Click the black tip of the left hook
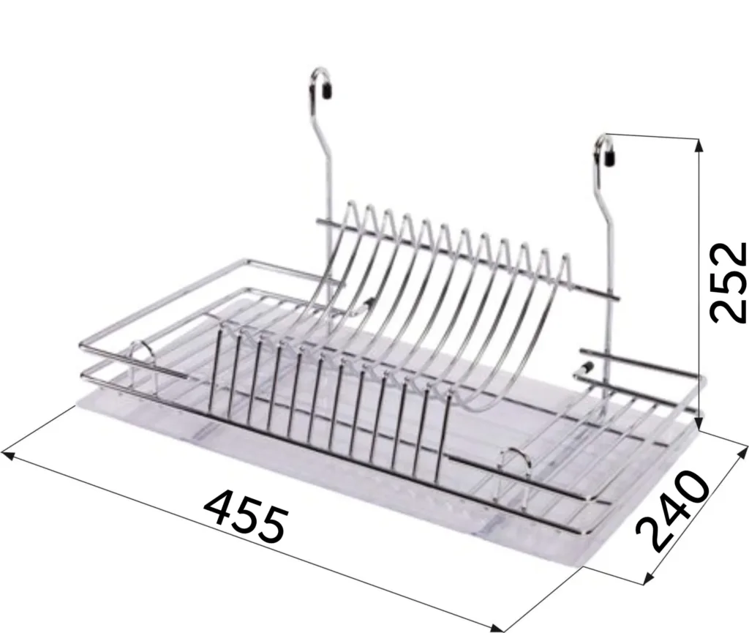[x=328, y=89]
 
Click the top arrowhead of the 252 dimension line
[x=699, y=145]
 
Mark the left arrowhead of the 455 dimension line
[x=8, y=454]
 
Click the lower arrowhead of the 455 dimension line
[x=497, y=626]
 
